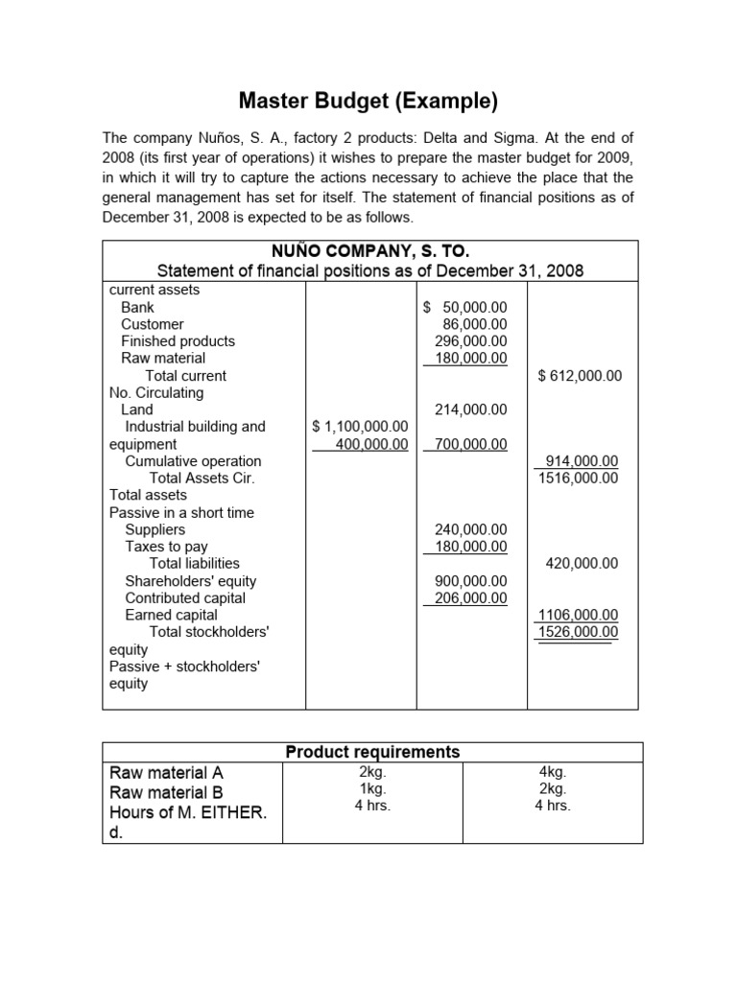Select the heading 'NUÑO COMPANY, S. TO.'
(369, 252)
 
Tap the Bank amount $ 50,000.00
(465, 307)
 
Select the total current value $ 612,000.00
(581, 376)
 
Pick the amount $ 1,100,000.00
(361, 427)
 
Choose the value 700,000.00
(470, 444)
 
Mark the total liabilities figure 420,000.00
(582, 563)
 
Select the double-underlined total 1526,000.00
(578, 632)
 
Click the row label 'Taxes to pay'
(166, 547)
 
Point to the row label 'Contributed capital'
(185, 597)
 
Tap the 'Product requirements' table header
(372, 753)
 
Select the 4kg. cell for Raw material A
(553, 771)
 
